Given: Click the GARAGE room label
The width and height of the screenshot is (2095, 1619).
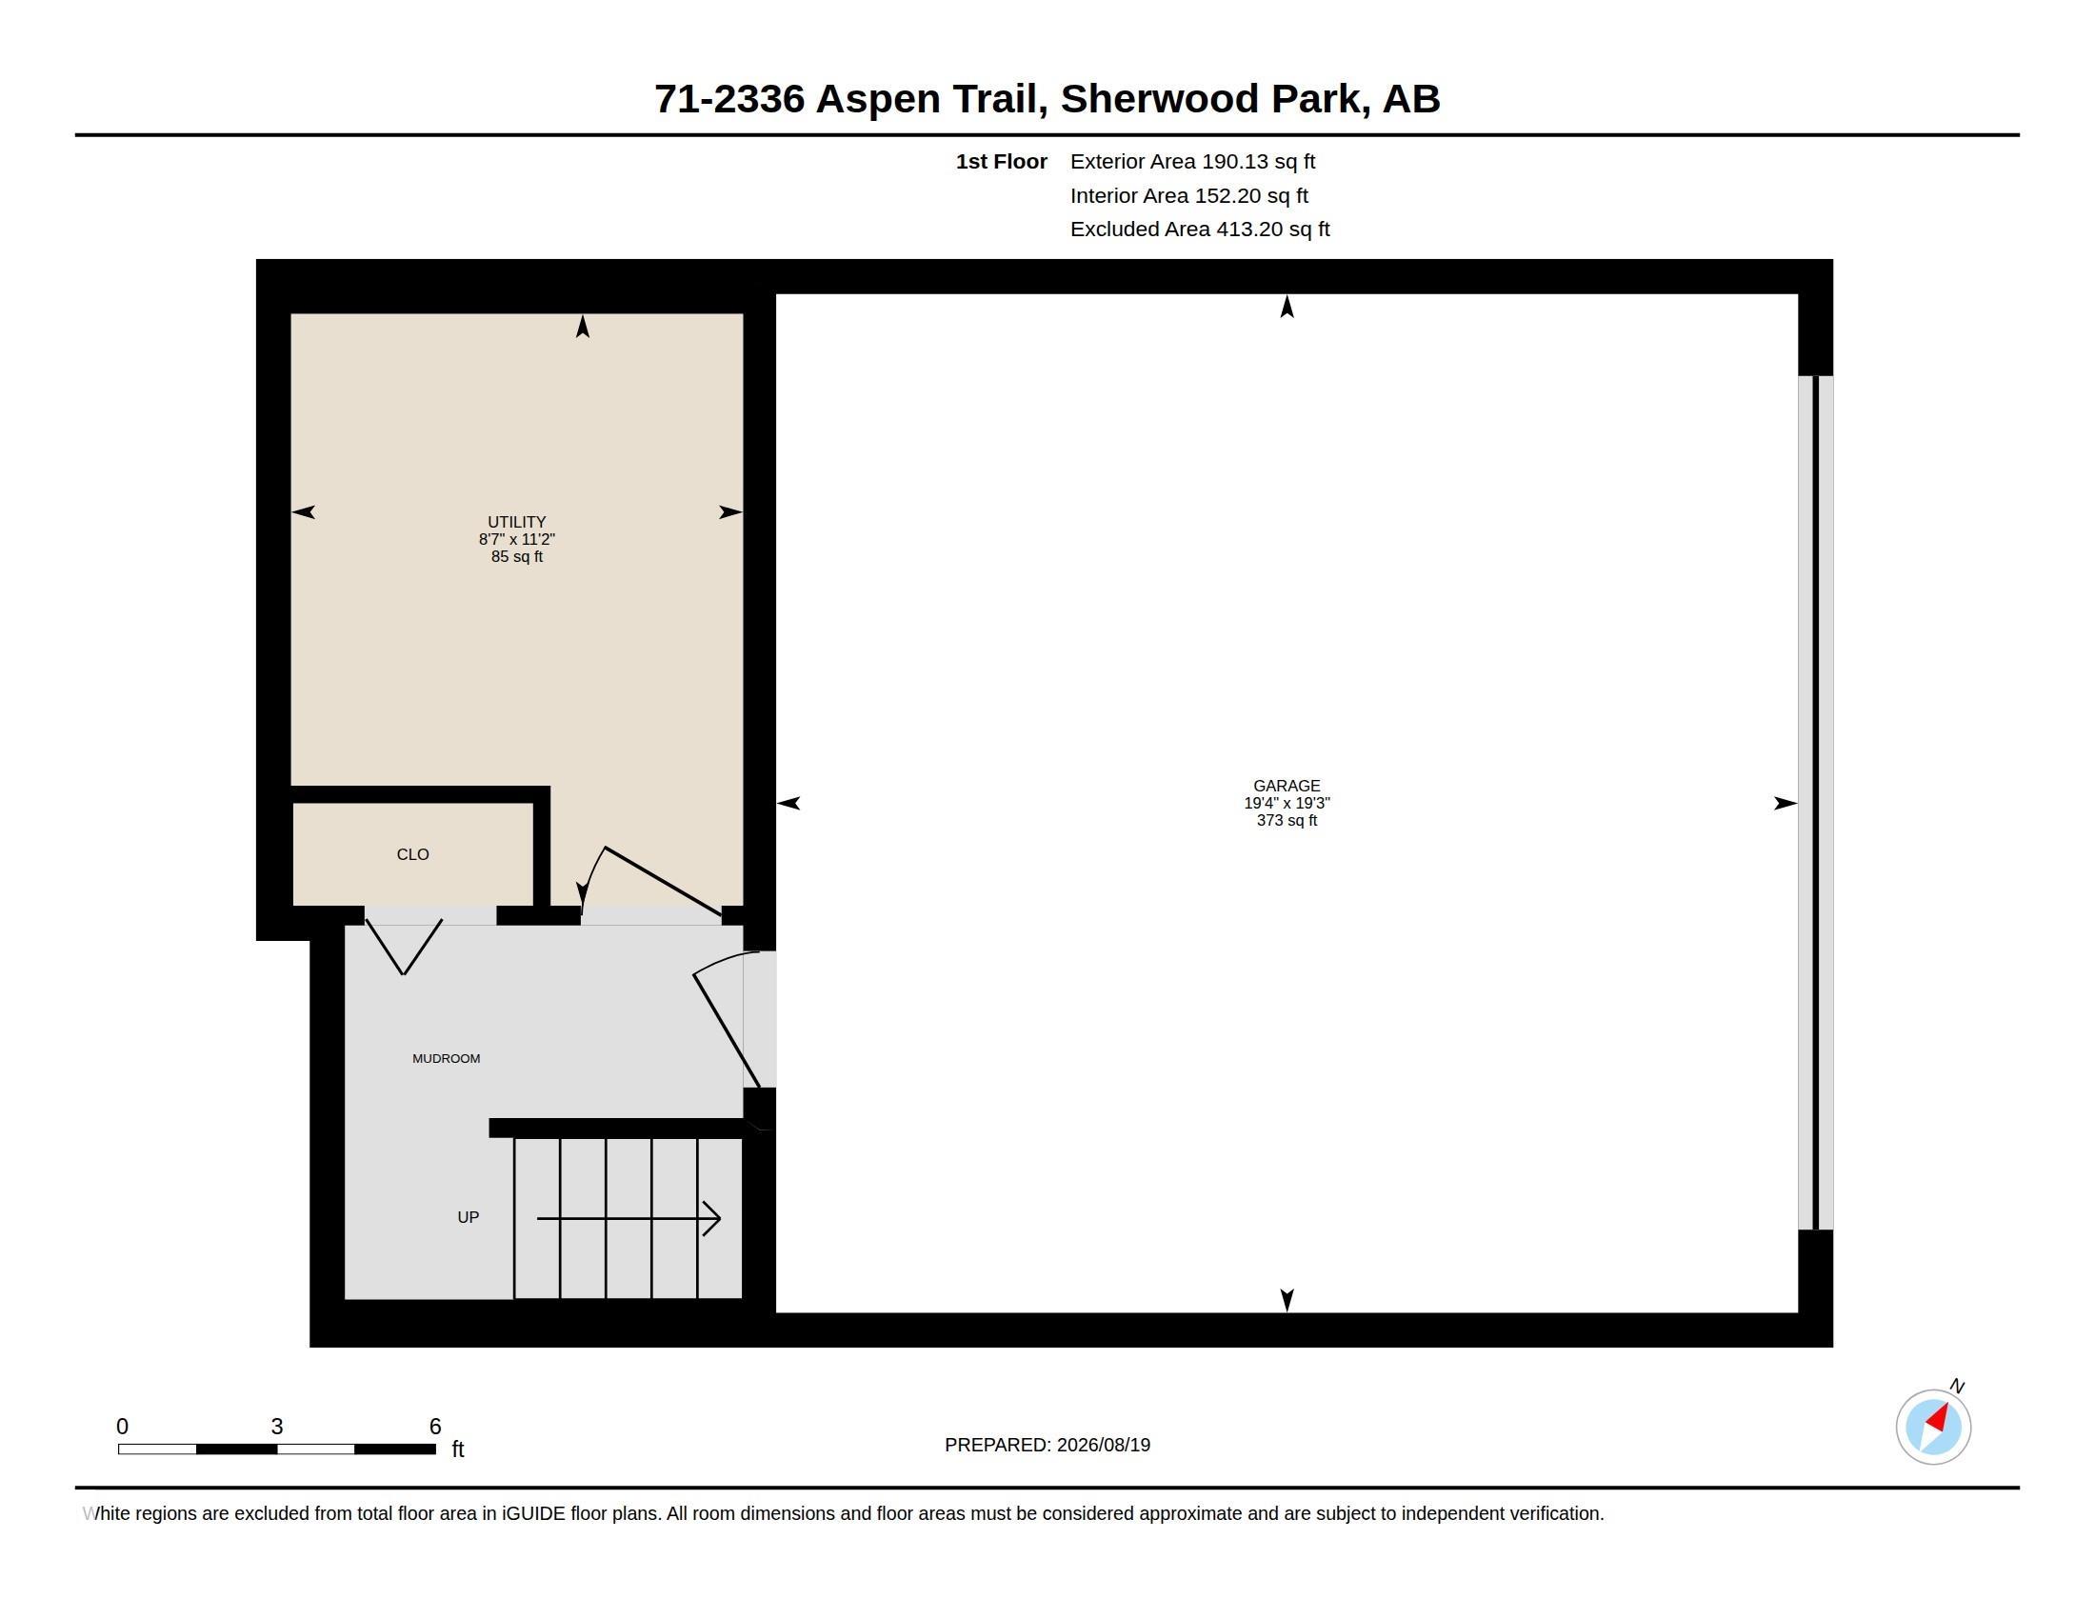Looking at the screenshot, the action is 1287,786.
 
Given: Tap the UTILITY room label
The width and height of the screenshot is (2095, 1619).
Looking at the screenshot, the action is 516,522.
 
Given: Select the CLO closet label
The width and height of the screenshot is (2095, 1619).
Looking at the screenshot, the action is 412,853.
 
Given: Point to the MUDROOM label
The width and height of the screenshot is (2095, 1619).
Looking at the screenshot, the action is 446,1058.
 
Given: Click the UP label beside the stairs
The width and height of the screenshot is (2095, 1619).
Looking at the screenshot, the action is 469,1217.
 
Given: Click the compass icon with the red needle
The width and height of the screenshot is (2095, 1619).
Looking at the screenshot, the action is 1933,1427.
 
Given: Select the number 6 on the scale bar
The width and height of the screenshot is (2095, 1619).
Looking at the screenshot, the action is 434,1427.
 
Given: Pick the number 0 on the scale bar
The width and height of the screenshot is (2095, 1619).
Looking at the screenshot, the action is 122,1427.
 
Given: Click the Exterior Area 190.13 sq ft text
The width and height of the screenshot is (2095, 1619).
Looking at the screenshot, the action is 1192,161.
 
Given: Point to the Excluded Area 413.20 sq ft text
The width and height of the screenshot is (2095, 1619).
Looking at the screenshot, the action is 1200,229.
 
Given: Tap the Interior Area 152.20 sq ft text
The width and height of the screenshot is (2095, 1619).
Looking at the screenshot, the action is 1189,195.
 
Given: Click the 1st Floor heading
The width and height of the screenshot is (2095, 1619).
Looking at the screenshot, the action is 1002,161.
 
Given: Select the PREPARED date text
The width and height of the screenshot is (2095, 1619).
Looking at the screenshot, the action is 1047,1445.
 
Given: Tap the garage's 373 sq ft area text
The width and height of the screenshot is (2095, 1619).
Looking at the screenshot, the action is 1287,820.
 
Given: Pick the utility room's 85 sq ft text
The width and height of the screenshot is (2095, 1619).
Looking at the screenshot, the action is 516,556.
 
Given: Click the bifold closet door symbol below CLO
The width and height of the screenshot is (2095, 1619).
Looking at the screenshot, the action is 404,947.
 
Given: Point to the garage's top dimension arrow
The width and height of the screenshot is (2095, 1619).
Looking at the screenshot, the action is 1287,306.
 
